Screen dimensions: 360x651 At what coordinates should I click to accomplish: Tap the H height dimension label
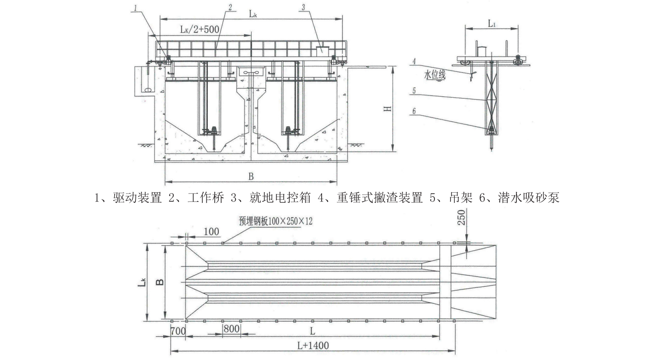[387, 108]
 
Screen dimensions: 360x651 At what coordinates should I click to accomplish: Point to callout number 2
[230, 8]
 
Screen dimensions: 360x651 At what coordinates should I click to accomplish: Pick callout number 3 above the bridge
[303, 7]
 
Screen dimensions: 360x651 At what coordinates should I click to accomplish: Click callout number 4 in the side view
[414, 61]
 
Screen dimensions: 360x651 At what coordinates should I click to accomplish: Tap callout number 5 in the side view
[414, 91]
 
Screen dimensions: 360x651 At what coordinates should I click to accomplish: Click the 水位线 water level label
[434, 74]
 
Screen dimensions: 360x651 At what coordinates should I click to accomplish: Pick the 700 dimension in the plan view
[177, 330]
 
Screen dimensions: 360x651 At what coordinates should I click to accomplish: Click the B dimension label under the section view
[251, 176]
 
